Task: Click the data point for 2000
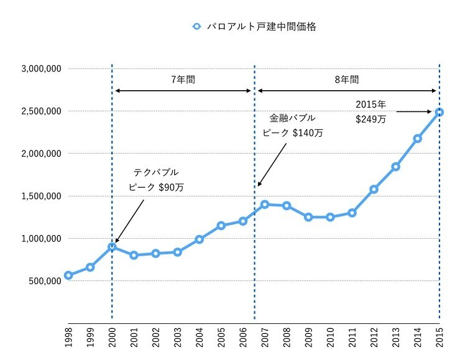point(112,246)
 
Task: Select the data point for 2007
point(265,204)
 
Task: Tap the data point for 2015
point(440,112)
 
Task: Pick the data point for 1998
point(68,275)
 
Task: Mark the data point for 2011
point(352,213)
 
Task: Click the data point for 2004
point(199,239)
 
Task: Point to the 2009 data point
point(308,217)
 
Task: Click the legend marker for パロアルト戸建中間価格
point(196,27)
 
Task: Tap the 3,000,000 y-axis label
point(39,69)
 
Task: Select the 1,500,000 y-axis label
point(39,196)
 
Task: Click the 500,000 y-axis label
point(43,280)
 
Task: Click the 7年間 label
point(183,80)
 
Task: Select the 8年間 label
point(346,80)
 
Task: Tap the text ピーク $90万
point(156,187)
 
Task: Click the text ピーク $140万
point(292,132)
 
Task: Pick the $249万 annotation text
point(371,119)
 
